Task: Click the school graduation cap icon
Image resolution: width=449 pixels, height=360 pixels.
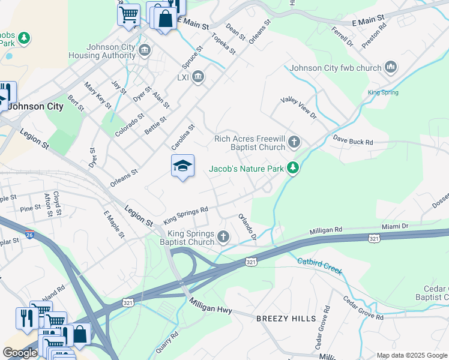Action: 183,166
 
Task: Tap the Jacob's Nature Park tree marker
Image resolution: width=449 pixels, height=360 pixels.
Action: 293,169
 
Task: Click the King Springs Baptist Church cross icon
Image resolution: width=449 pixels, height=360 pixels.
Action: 223,238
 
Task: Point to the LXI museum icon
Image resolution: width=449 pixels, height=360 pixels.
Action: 199,77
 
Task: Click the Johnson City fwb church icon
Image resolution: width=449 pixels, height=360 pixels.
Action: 391,67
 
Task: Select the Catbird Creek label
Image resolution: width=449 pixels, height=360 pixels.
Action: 319,266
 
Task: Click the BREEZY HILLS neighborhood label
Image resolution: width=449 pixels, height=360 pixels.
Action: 281,318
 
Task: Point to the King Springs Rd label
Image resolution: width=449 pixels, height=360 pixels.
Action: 185,215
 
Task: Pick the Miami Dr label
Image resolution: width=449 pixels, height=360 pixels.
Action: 395,227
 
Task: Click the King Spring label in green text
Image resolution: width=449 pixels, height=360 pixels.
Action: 382,92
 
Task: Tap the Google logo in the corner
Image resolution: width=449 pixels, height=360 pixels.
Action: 20,353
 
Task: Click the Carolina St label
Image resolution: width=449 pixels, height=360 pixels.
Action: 184,137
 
